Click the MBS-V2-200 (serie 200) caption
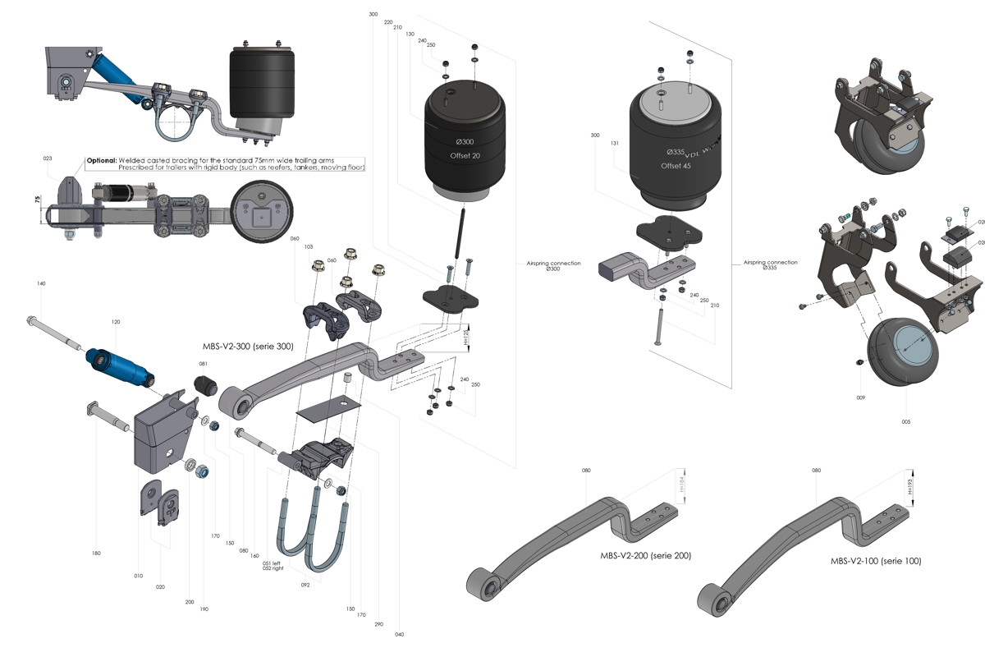point(645,556)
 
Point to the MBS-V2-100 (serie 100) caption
point(875,561)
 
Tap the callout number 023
point(47,159)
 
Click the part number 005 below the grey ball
point(905,421)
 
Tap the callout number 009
point(860,397)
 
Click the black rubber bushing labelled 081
point(204,384)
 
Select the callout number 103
point(309,246)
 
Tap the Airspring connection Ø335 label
point(770,264)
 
